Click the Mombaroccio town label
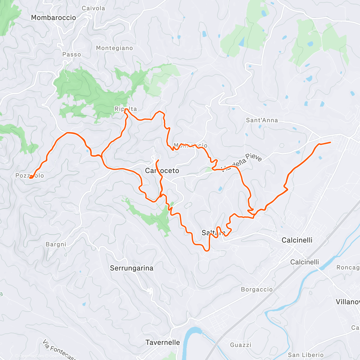(53, 18)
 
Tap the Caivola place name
(93, 8)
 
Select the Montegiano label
(114, 48)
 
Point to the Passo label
(71, 55)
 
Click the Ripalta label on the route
(126, 109)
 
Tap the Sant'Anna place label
(262, 120)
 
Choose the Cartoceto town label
(162, 171)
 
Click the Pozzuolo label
(30, 176)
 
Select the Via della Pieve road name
(242, 163)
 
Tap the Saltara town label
(213, 233)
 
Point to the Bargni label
(56, 244)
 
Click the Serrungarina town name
(132, 268)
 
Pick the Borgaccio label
(257, 289)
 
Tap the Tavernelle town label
(163, 342)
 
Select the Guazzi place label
(241, 345)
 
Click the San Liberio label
(306, 355)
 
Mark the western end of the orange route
(30, 178)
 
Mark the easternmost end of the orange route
(331, 142)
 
